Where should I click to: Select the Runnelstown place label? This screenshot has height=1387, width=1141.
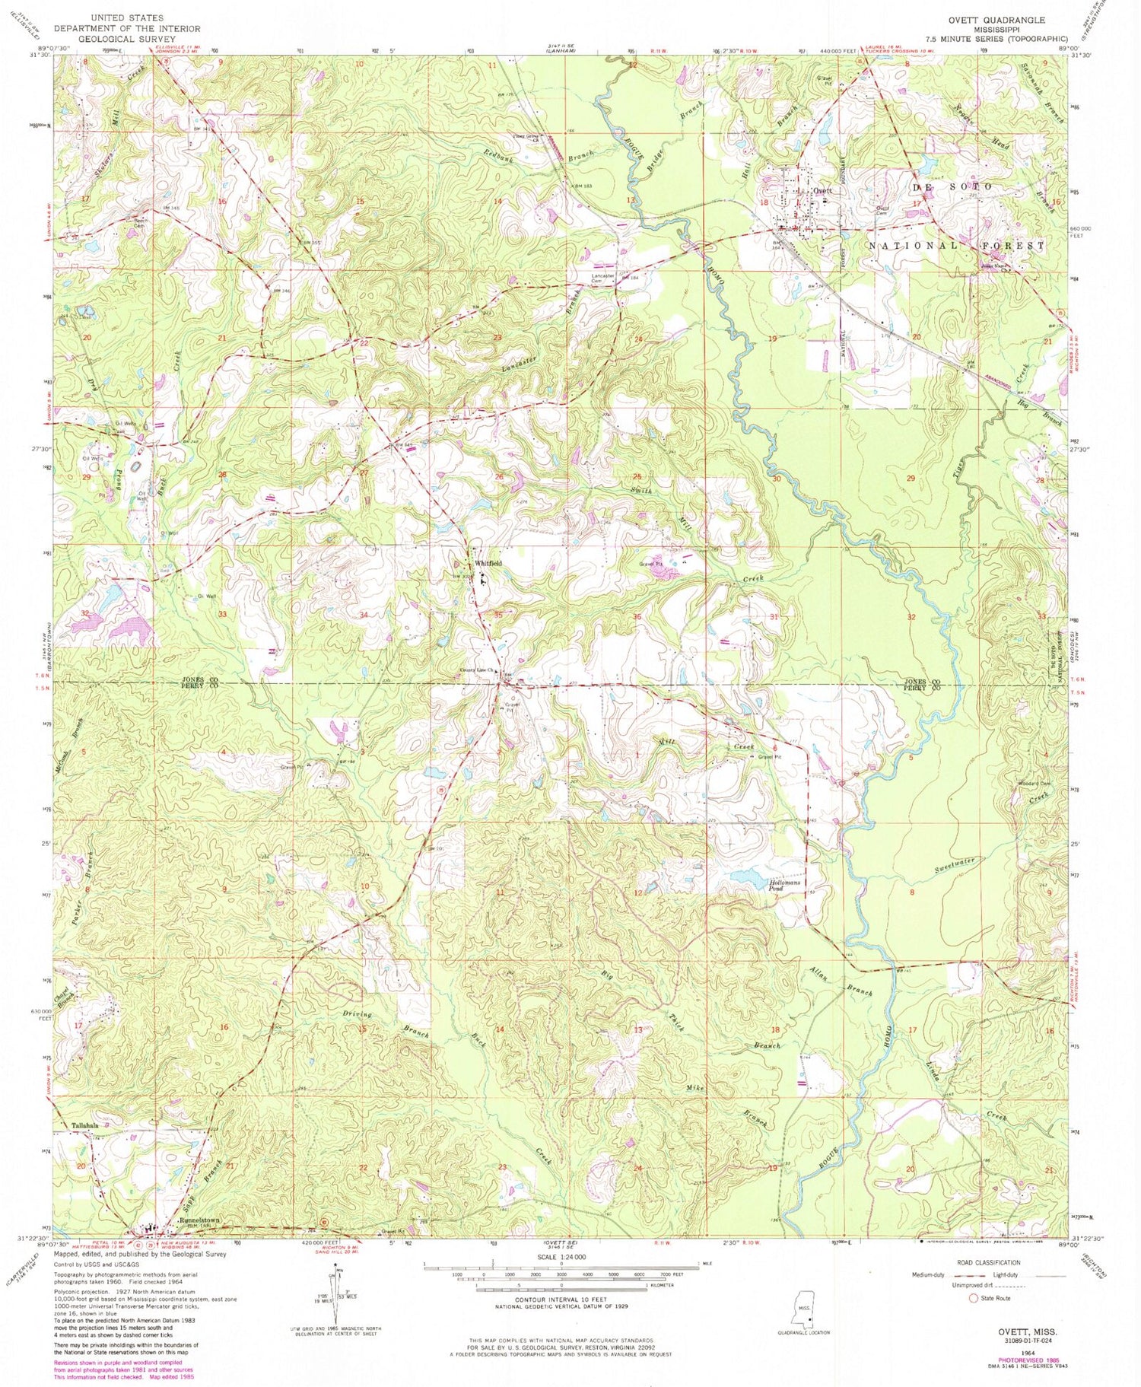(x=199, y=1220)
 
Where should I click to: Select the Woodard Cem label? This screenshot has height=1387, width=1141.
(x=1033, y=784)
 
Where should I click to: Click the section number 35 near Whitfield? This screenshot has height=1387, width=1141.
(x=497, y=613)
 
